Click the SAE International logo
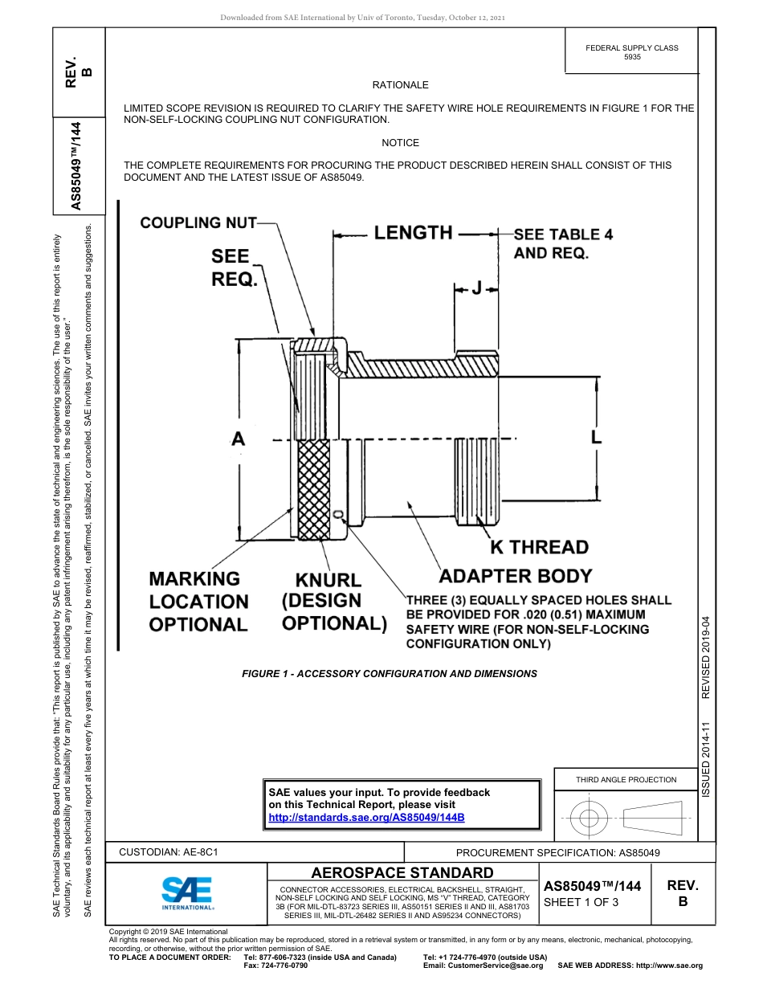[186, 892]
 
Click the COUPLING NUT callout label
[198, 223]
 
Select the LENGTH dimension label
[413, 233]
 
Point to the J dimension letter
[476, 288]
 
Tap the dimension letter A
[239, 439]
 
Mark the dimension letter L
[596, 436]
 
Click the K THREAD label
[540, 547]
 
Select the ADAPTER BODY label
[515, 576]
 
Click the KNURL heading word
[328, 580]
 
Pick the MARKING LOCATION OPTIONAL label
[198, 601]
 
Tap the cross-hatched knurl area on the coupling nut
[312, 490]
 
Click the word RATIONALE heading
[400, 85]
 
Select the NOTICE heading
[400, 143]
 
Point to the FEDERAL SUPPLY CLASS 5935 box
[631, 52]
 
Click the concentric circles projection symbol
[590, 819]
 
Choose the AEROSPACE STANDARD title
[402, 872]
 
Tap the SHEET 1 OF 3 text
[581, 902]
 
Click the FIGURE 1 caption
[390, 674]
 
